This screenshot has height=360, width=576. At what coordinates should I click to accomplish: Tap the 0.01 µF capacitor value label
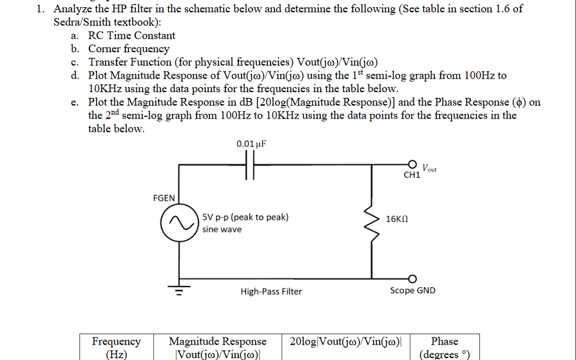251,143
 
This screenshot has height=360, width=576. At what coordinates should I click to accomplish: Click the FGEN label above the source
164,198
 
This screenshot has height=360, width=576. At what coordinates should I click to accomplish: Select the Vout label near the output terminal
429,169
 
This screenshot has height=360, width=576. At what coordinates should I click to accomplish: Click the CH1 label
412,175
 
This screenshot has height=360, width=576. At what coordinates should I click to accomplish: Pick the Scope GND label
412,290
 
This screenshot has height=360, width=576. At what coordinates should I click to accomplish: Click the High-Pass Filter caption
271,292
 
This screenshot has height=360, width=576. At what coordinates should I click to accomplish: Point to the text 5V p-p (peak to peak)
245,217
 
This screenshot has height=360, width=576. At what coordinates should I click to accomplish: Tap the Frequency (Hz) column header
116,347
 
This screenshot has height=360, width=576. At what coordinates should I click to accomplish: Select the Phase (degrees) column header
445,347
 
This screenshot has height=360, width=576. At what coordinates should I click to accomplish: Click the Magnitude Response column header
217,347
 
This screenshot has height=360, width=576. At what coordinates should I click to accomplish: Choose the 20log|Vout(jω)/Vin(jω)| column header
346,341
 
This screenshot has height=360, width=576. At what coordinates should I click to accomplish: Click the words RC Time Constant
131,35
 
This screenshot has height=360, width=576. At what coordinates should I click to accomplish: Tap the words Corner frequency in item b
129,48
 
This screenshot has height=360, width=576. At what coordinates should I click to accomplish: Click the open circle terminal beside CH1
412,164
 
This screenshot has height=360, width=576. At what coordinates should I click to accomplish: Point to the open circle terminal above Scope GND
412,278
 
